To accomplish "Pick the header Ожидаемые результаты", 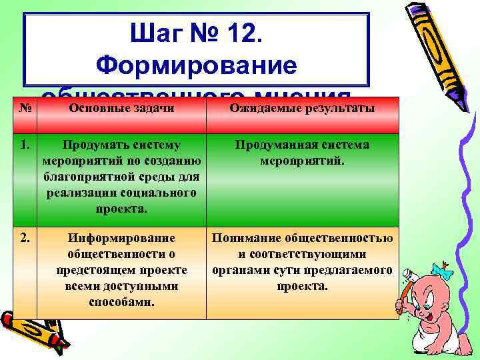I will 303,108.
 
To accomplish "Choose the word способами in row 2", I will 121,302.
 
